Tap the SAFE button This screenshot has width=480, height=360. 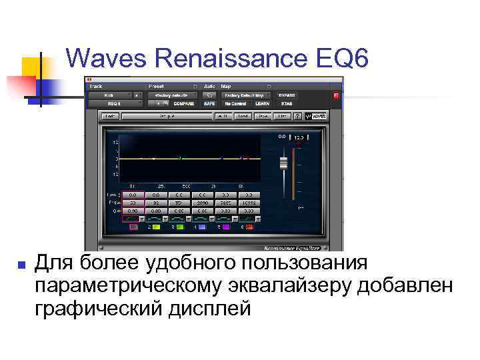pos(209,104)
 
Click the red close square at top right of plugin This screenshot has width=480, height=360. pos(336,95)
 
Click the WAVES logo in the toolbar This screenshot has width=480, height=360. pos(317,116)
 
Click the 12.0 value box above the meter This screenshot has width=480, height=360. pos(298,137)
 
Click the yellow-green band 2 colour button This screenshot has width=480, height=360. pos(155,227)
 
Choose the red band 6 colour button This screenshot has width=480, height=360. pos(249,227)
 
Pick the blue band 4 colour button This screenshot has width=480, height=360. pos(202,227)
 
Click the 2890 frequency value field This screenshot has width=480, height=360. pos(202,202)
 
